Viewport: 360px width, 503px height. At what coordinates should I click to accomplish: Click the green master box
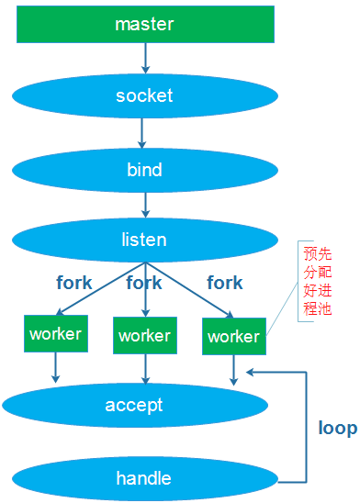145,24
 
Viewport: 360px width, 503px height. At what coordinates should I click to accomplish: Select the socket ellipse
144,95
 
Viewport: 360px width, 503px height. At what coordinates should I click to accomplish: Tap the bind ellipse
144,170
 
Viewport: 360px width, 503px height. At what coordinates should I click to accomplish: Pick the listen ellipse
144,240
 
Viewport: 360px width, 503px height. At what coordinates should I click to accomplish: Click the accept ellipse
134,405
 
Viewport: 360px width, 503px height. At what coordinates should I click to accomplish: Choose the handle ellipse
143,478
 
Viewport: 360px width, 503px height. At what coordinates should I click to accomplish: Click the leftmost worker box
55,333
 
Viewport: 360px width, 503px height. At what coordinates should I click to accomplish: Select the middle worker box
144,335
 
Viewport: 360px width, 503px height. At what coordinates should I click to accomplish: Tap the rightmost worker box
233,336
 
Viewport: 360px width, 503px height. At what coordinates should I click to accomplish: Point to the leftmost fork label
73,283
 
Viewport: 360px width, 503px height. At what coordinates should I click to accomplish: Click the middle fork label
144,283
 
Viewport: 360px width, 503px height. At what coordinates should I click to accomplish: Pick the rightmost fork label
224,283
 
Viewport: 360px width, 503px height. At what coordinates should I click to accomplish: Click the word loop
337,428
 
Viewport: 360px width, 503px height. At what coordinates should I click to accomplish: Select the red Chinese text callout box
315,280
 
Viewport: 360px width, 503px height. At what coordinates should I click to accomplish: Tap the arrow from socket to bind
143,132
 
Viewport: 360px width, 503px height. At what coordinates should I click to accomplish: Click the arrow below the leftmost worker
55,367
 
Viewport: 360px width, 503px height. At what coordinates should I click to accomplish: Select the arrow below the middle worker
144,368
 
